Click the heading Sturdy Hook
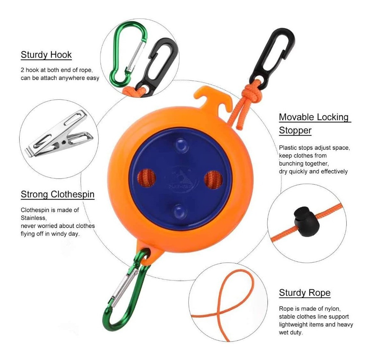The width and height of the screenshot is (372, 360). (x=46, y=55)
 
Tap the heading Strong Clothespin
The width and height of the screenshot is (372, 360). (x=57, y=194)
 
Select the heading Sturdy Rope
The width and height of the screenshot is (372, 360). (x=305, y=293)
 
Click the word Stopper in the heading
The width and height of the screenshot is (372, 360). (x=295, y=130)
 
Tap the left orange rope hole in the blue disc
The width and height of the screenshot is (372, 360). (x=146, y=178)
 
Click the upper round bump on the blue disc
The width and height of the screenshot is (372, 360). (x=182, y=145)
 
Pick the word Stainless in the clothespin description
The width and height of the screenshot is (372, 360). (x=33, y=218)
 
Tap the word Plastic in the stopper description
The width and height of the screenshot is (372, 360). (x=288, y=148)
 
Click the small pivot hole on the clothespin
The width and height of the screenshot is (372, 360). (x=63, y=142)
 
